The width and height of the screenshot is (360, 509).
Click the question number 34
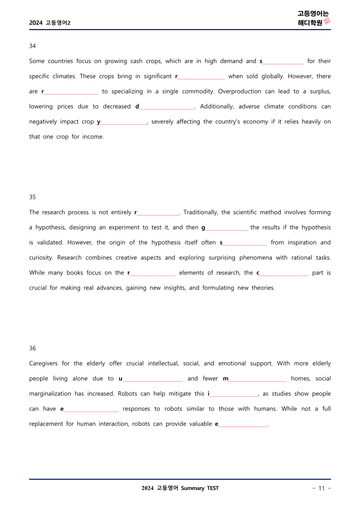coord(32,46)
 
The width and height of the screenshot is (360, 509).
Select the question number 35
coord(32,197)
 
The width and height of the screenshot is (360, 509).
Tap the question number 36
coord(32,348)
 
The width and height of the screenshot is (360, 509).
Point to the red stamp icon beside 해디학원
coord(327,22)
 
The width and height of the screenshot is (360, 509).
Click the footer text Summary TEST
coord(200,488)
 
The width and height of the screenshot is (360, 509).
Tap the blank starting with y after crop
coord(124,122)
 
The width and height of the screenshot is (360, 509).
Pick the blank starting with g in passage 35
coord(226,228)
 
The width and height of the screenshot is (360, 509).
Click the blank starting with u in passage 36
coord(152,379)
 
